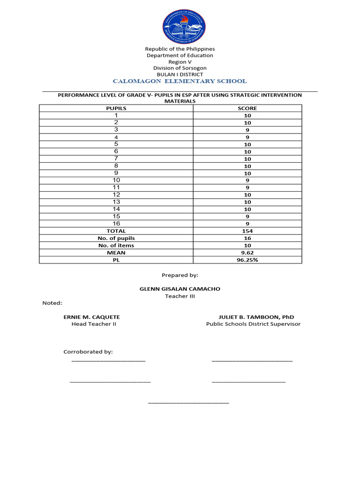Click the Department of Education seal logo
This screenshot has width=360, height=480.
pos(184,27)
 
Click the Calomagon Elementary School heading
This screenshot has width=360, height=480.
pos(180,81)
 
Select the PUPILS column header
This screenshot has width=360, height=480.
pos(116,108)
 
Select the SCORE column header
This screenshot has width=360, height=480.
pos(247,108)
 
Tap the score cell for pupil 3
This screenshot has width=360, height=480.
pos(247,130)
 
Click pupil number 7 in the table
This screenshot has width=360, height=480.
pos(116,159)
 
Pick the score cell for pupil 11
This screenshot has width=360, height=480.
pos(247,187)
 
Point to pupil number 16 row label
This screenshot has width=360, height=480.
pos(116,224)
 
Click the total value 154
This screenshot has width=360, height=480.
pos(247,231)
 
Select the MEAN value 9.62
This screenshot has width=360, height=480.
pos(247,253)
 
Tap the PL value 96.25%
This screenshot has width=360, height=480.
pos(247,260)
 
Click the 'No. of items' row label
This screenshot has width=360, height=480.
pos(116,245)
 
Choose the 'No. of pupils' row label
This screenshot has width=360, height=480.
pos(116,238)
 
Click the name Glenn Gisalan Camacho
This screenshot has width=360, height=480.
pos(180,289)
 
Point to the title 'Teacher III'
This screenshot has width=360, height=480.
pos(180,296)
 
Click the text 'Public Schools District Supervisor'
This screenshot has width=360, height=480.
pos(253,324)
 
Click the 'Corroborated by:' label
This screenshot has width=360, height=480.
pos(88,352)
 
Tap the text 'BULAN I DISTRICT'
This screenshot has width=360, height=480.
pos(180,74)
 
